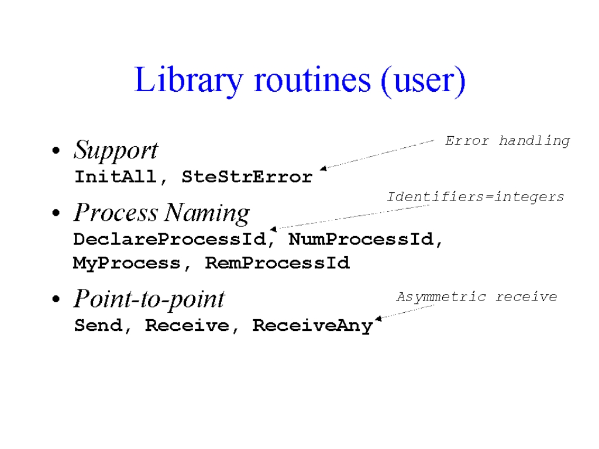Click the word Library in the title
pyautogui.click(x=189, y=81)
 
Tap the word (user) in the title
pyautogui.click(x=424, y=81)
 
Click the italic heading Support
pyautogui.click(x=116, y=150)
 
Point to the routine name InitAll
pyautogui.click(x=115, y=177)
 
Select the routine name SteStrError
pyautogui.click(x=247, y=177)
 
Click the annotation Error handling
pyautogui.click(x=507, y=141)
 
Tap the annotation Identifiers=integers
pyautogui.click(x=475, y=197)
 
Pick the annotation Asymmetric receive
pyautogui.click(x=476, y=297)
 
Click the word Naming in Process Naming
pyautogui.click(x=208, y=213)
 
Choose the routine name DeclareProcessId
pyautogui.click(x=170, y=239)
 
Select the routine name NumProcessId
pyautogui.click(x=361, y=239)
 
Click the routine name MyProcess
pyautogui.click(x=127, y=264)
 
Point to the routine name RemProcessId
pyautogui.click(x=277, y=263)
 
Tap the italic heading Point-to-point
pyautogui.click(x=149, y=299)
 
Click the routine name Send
pyautogui.click(x=98, y=325)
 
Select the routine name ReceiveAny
pyautogui.click(x=313, y=326)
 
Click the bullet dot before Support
pyautogui.click(x=56, y=150)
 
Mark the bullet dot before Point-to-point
pyautogui.click(x=56, y=299)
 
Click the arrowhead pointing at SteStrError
pyautogui.click(x=323, y=168)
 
